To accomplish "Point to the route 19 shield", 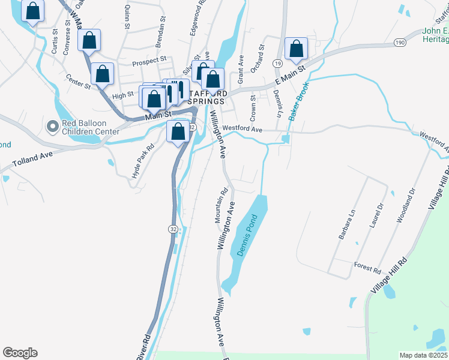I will [277, 63].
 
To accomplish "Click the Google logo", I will [20, 352].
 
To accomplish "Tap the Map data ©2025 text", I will [423, 355].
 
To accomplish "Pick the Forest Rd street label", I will [367, 268].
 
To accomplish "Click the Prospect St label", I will [149, 61].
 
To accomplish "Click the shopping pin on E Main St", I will [296, 50].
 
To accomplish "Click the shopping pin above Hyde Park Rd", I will [178, 133].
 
